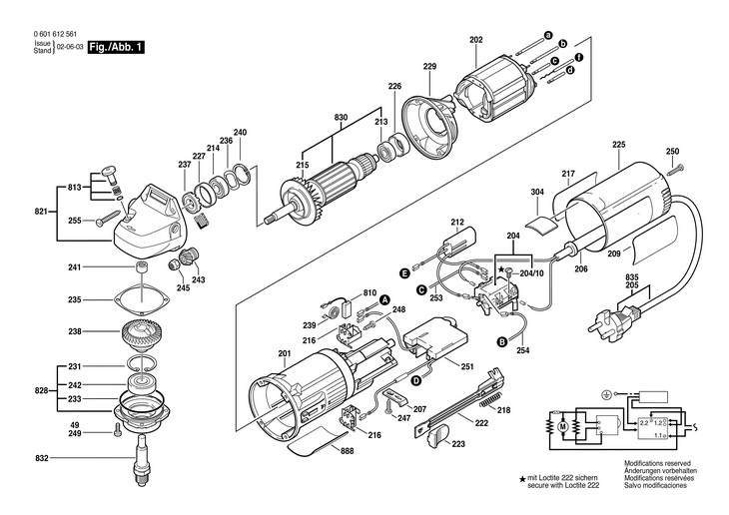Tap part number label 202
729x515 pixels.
[x=476, y=40]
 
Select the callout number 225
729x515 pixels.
[x=619, y=145]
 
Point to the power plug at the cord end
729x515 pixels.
[x=611, y=318]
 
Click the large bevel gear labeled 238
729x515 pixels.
[x=141, y=333]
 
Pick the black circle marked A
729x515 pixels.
[x=384, y=300]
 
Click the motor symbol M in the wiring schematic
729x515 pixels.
[x=563, y=426]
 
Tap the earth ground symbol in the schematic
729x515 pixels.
[x=606, y=394]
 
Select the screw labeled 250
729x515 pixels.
[x=675, y=169]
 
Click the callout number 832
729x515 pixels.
[x=41, y=458]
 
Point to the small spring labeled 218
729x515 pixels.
[x=489, y=400]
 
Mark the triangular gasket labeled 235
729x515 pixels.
[x=141, y=300]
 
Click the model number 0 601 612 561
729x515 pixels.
[x=55, y=34]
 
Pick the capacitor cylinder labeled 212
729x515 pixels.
[x=459, y=243]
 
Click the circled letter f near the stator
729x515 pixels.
[x=579, y=58]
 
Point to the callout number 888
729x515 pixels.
[x=347, y=451]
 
